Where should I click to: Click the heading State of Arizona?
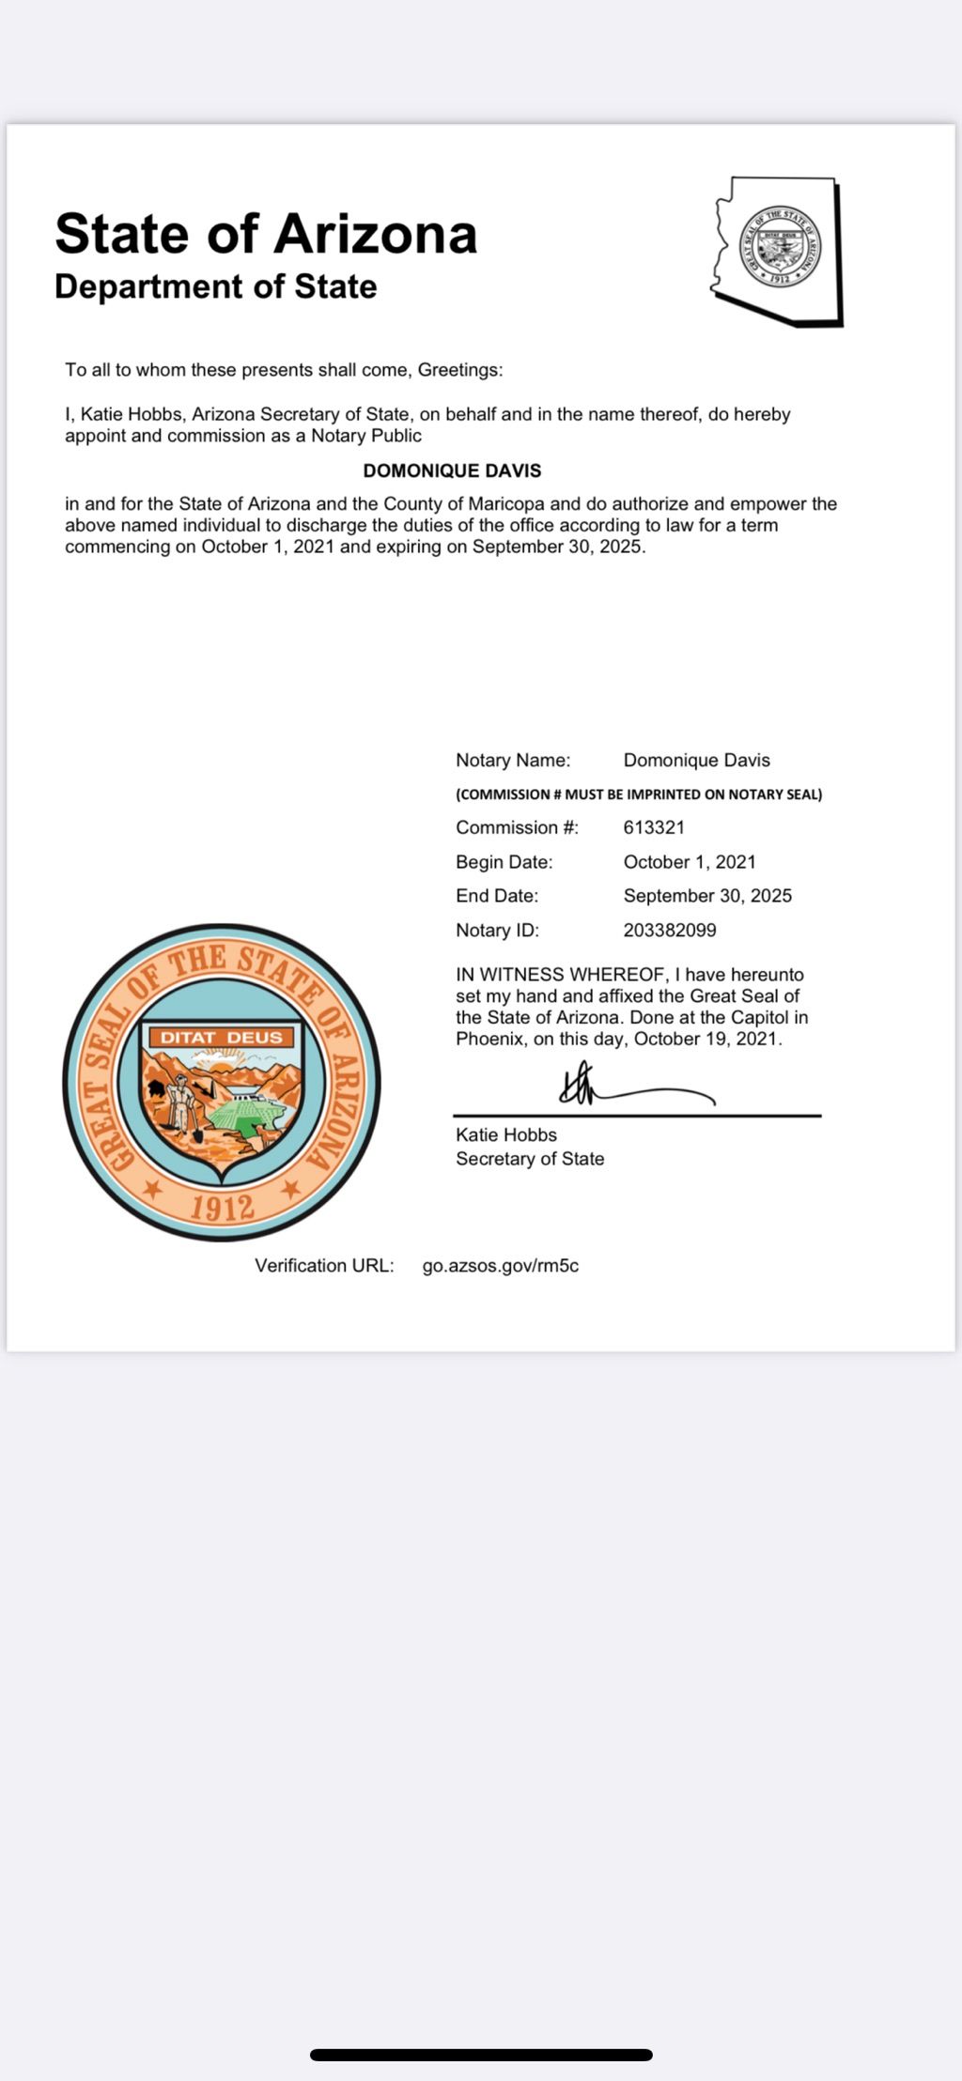click(x=266, y=234)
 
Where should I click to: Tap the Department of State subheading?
click(x=215, y=286)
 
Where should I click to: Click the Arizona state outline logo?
click(x=779, y=251)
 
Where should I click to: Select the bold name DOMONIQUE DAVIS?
click(x=452, y=470)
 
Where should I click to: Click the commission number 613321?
click(x=654, y=827)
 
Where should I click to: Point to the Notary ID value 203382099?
click(x=670, y=930)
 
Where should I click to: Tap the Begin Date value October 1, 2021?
click(x=690, y=862)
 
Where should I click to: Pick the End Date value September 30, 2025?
click(x=707, y=896)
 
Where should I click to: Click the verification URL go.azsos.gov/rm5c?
click(x=501, y=1266)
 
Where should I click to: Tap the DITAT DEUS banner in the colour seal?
click(x=222, y=1038)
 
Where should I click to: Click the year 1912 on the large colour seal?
click(x=223, y=1207)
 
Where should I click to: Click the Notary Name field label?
click(x=513, y=761)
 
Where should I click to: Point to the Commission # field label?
click(x=518, y=827)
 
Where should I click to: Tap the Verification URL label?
click(x=324, y=1266)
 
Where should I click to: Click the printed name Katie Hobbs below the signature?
click(x=506, y=1134)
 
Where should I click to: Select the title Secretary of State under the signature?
click(x=530, y=1159)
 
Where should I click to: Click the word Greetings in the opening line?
click(x=459, y=370)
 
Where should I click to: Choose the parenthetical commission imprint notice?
click(x=639, y=794)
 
